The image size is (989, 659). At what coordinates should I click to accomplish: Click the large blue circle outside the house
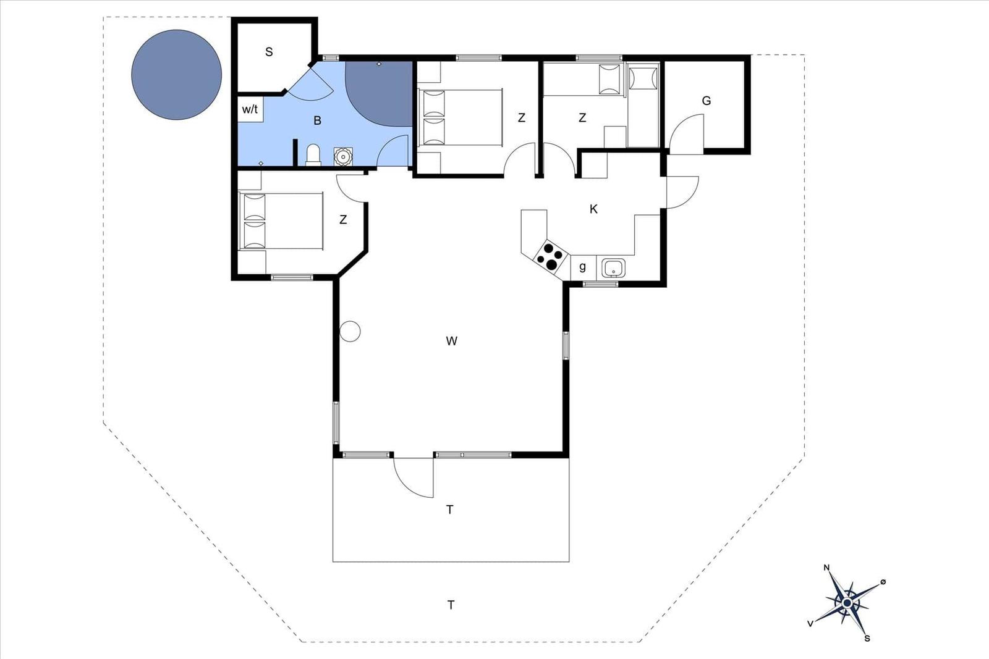point(177,75)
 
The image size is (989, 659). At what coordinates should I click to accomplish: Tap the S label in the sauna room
point(269,52)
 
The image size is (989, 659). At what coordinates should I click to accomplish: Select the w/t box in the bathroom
point(250,109)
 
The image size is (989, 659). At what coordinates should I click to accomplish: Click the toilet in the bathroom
point(313,155)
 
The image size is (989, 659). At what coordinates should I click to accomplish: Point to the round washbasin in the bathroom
point(343,157)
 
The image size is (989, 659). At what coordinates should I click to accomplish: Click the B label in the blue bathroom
point(317,120)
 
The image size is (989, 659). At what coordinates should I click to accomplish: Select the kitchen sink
point(613,268)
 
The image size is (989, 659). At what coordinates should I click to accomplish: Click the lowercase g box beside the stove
point(584,267)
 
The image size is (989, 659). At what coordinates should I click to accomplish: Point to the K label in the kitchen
point(593,209)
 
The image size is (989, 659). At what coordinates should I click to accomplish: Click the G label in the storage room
point(707,101)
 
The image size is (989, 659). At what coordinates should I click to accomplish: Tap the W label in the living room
point(451,340)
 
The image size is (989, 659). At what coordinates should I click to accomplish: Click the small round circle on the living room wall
point(350,331)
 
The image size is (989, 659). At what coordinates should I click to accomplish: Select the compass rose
point(847,603)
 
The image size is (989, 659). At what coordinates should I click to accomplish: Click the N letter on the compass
point(826,568)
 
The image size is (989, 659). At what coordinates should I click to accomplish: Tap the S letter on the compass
point(867,638)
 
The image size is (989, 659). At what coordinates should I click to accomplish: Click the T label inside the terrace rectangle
point(449,510)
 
